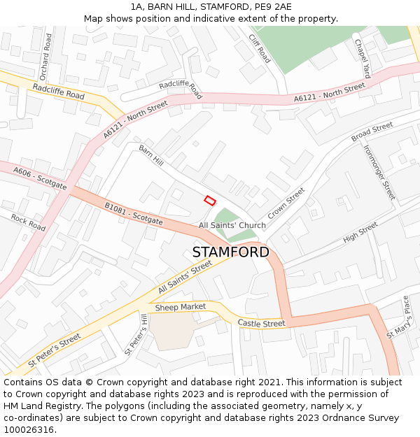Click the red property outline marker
[209, 200]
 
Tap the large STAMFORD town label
[230, 252]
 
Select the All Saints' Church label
[232, 225]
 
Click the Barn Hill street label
[151, 156]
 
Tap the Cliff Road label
[259, 48]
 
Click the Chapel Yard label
[362, 59]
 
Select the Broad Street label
[372, 131]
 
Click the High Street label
[360, 233]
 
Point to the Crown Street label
[286, 203]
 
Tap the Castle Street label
[261, 324]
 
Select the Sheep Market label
[181, 307]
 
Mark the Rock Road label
[28, 223]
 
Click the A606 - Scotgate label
[40, 178]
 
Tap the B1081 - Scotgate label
[134, 214]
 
